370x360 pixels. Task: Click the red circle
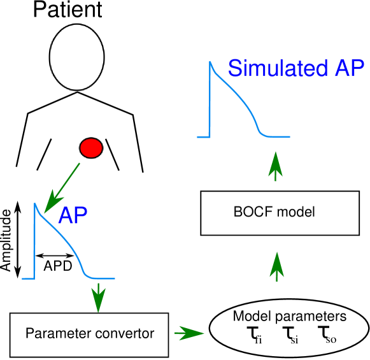90,148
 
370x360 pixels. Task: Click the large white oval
77,57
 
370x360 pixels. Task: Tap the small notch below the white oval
77,92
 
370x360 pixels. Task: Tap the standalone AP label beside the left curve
73,217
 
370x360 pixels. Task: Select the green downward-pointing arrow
98,298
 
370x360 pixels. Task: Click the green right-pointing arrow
189,333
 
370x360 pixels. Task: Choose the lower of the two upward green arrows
276,266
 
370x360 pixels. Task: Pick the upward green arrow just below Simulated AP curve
275,166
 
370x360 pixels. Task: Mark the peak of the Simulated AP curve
210,62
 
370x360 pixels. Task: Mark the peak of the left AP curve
34,204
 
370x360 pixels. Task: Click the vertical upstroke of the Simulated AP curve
210,102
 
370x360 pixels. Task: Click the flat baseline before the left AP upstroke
28,278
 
